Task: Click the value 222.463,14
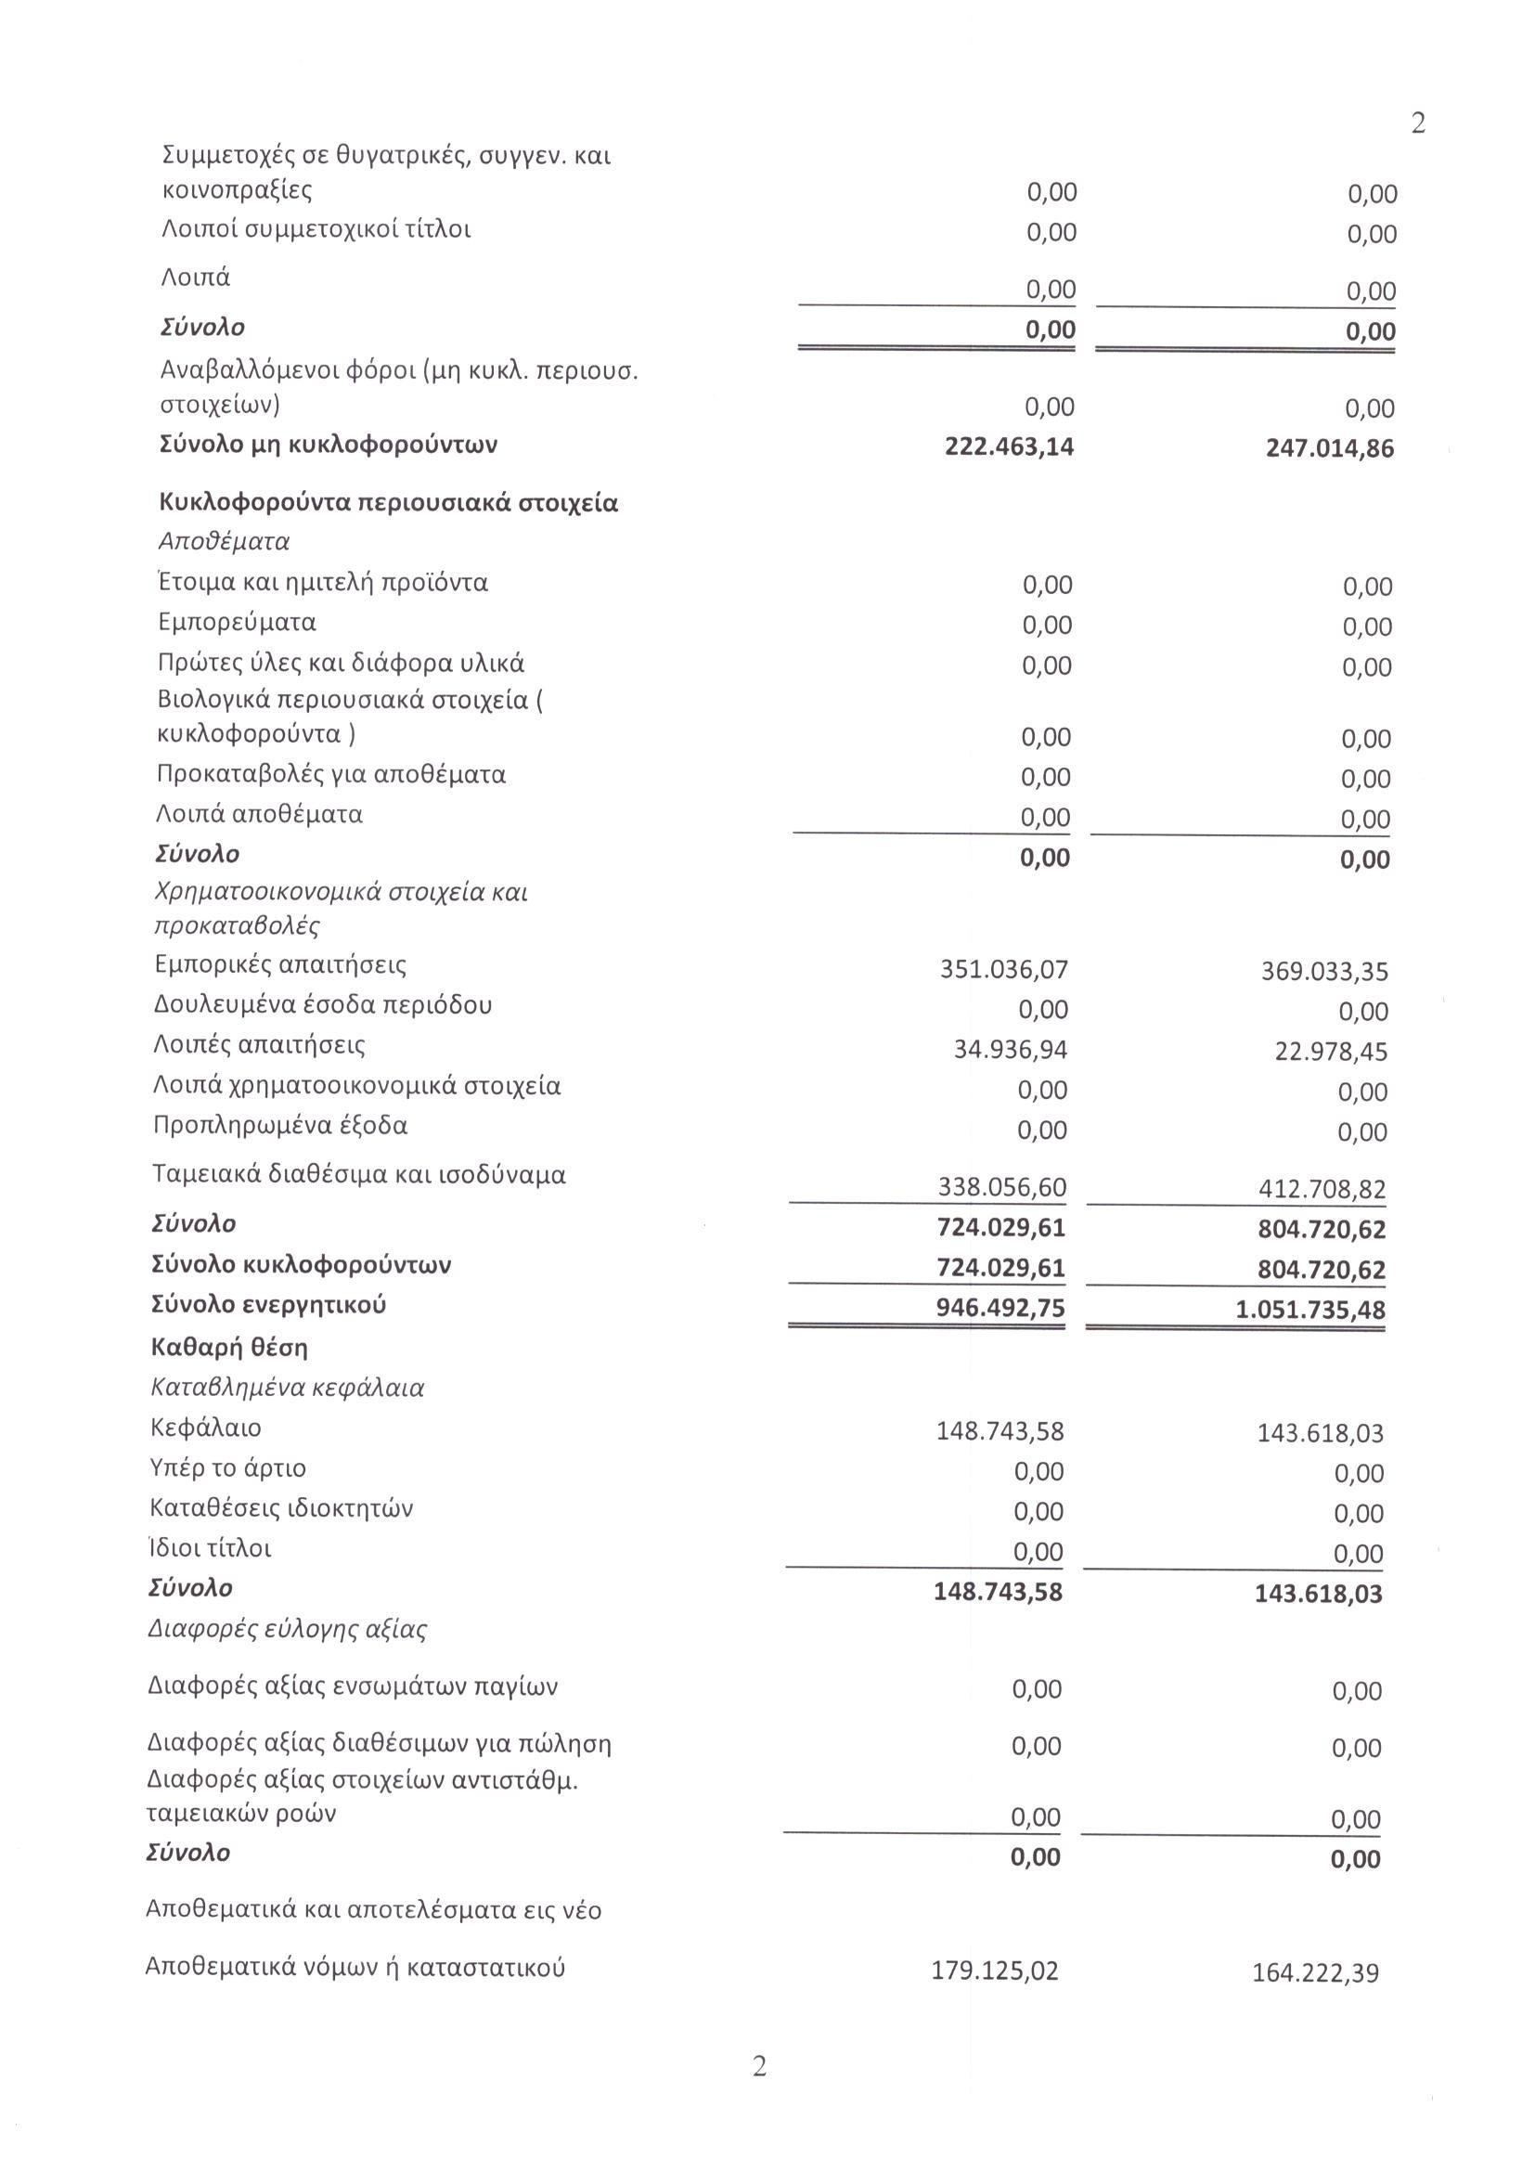(x=1009, y=446)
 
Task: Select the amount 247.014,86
(x=1329, y=448)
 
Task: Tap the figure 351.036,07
(x=1004, y=969)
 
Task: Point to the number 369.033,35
(x=1324, y=971)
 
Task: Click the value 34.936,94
(x=1011, y=1050)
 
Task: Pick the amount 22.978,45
(x=1331, y=1052)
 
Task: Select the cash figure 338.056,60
(x=1002, y=1187)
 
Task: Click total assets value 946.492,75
(x=1001, y=1308)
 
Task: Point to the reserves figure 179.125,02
(x=995, y=1971)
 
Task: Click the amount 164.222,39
(x=1316, y=1972)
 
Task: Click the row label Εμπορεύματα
(x=238, y=622)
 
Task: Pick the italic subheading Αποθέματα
(x=224, y=542)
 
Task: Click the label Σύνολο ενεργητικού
(x=268, y=1305)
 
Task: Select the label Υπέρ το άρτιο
(x=227, y=1467)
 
